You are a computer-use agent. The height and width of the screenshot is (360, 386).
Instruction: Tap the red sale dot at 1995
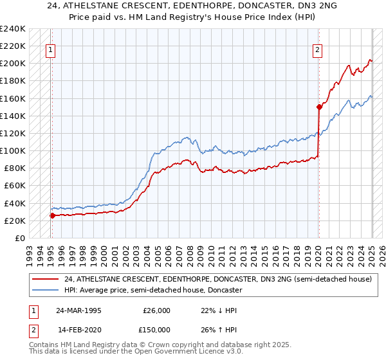click(x=52, y=215)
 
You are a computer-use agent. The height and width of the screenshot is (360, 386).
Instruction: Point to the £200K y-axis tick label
click(x=13, y=64)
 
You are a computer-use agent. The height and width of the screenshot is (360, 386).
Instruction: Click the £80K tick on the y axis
click(x=15, y=168)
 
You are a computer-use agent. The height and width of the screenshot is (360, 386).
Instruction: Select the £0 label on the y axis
click(x=21, y=238)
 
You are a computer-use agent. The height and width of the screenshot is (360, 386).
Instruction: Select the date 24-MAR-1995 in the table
click(x=80, y=310)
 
